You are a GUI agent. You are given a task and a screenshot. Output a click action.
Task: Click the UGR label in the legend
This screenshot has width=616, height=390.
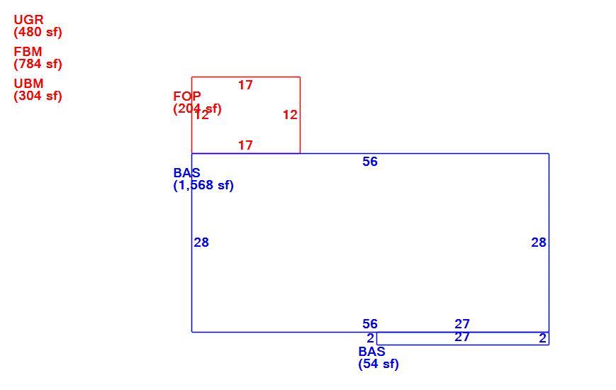coord(28,19)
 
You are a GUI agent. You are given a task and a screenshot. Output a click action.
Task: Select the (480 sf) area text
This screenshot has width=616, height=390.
coord(38,32)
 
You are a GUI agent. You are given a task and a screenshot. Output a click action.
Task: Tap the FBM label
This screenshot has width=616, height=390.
coord(28,52)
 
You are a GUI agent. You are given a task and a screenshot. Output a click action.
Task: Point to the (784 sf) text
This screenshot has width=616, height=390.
coord(38,64)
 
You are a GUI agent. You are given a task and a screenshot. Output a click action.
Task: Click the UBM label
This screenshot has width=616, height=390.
coord(28,84)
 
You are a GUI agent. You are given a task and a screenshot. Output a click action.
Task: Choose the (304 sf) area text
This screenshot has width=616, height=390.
coord(38,96)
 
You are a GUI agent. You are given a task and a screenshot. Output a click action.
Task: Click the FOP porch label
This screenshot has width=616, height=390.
coord(187,96)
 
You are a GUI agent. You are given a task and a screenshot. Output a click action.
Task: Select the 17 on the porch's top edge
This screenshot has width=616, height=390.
coord(245,85)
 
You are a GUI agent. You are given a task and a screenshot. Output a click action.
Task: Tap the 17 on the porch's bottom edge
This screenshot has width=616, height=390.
coord(245,145)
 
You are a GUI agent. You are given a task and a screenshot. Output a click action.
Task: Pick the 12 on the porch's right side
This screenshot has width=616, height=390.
coord(291,115)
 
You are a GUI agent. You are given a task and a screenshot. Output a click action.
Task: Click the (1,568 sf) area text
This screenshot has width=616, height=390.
coord(203,185)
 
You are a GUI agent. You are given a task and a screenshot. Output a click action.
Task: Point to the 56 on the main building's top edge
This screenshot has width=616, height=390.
coord(370,162)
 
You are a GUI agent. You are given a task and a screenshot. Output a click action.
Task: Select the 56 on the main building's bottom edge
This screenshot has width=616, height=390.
coord(370,324)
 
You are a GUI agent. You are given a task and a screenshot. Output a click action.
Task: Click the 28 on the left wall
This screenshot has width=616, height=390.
coord(201,243)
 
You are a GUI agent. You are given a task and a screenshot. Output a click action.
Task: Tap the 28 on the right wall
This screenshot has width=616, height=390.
coord(539,243)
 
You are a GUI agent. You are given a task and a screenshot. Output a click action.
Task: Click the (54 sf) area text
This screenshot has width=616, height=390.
coord(379,364)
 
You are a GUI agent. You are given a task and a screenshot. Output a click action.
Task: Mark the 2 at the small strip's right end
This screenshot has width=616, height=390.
coord(542,338)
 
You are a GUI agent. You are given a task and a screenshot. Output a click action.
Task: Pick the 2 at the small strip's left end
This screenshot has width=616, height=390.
coord(371,338)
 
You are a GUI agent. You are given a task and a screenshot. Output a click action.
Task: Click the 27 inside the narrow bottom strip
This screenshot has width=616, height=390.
coord(462,337)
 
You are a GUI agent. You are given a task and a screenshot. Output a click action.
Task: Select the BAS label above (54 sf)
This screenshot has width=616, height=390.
coord(371,352)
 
